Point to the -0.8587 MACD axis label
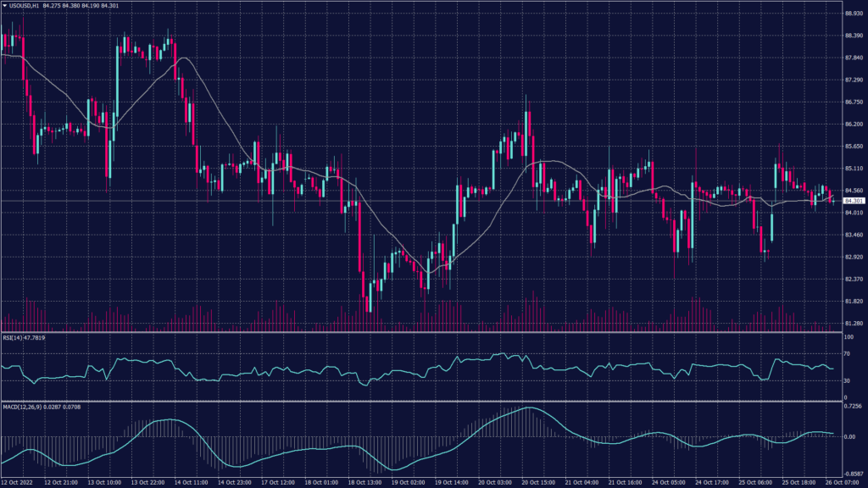click(x=852, y=474)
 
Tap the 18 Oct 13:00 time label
click(x=362, y=483)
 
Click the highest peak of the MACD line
click(x=528, y=408)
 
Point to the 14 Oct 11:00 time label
click(x=190, y=483)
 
